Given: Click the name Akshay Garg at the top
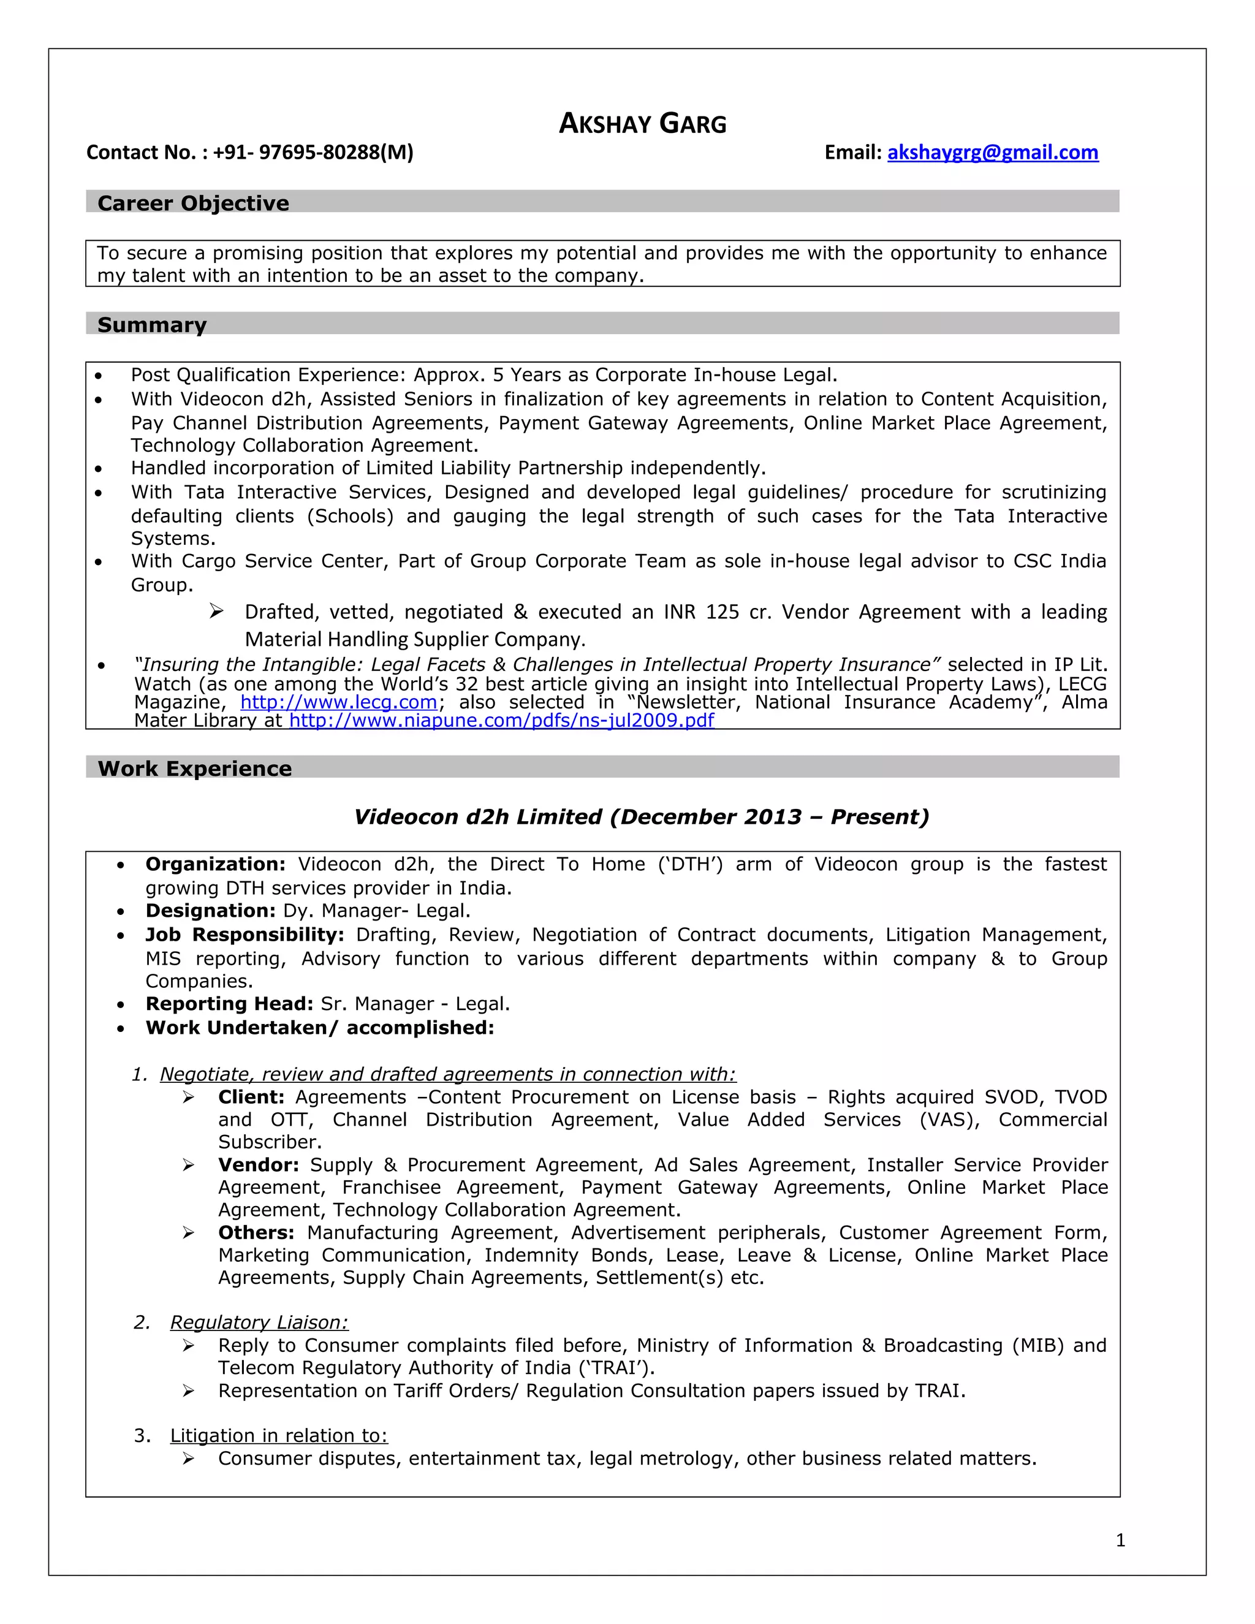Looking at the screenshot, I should coord(642,123).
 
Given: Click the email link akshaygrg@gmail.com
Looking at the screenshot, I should coord(992,153).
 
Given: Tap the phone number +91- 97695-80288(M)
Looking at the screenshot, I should coord(313,153).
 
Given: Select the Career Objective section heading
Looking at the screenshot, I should coord(193,203).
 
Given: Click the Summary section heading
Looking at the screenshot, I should coord(152,325).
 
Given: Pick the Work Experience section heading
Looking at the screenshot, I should coord(195,768).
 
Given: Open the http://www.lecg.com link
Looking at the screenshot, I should coord(338,702).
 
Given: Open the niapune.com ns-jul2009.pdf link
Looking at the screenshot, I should coord(501,720).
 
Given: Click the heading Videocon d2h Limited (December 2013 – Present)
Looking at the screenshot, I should coord(641,816).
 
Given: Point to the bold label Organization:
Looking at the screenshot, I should coord(215,864).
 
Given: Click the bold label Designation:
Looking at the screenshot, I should coord(210,911).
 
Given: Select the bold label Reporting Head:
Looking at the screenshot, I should coord(229,1004).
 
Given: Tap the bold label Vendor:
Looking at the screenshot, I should coord(258,1164).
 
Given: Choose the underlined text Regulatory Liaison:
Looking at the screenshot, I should coord(259,1322).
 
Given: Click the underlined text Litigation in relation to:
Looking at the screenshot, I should coord(279,1435).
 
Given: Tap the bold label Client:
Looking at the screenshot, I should coord(251,1097).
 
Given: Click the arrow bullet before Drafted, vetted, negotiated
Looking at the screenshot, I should coord(216,611).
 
